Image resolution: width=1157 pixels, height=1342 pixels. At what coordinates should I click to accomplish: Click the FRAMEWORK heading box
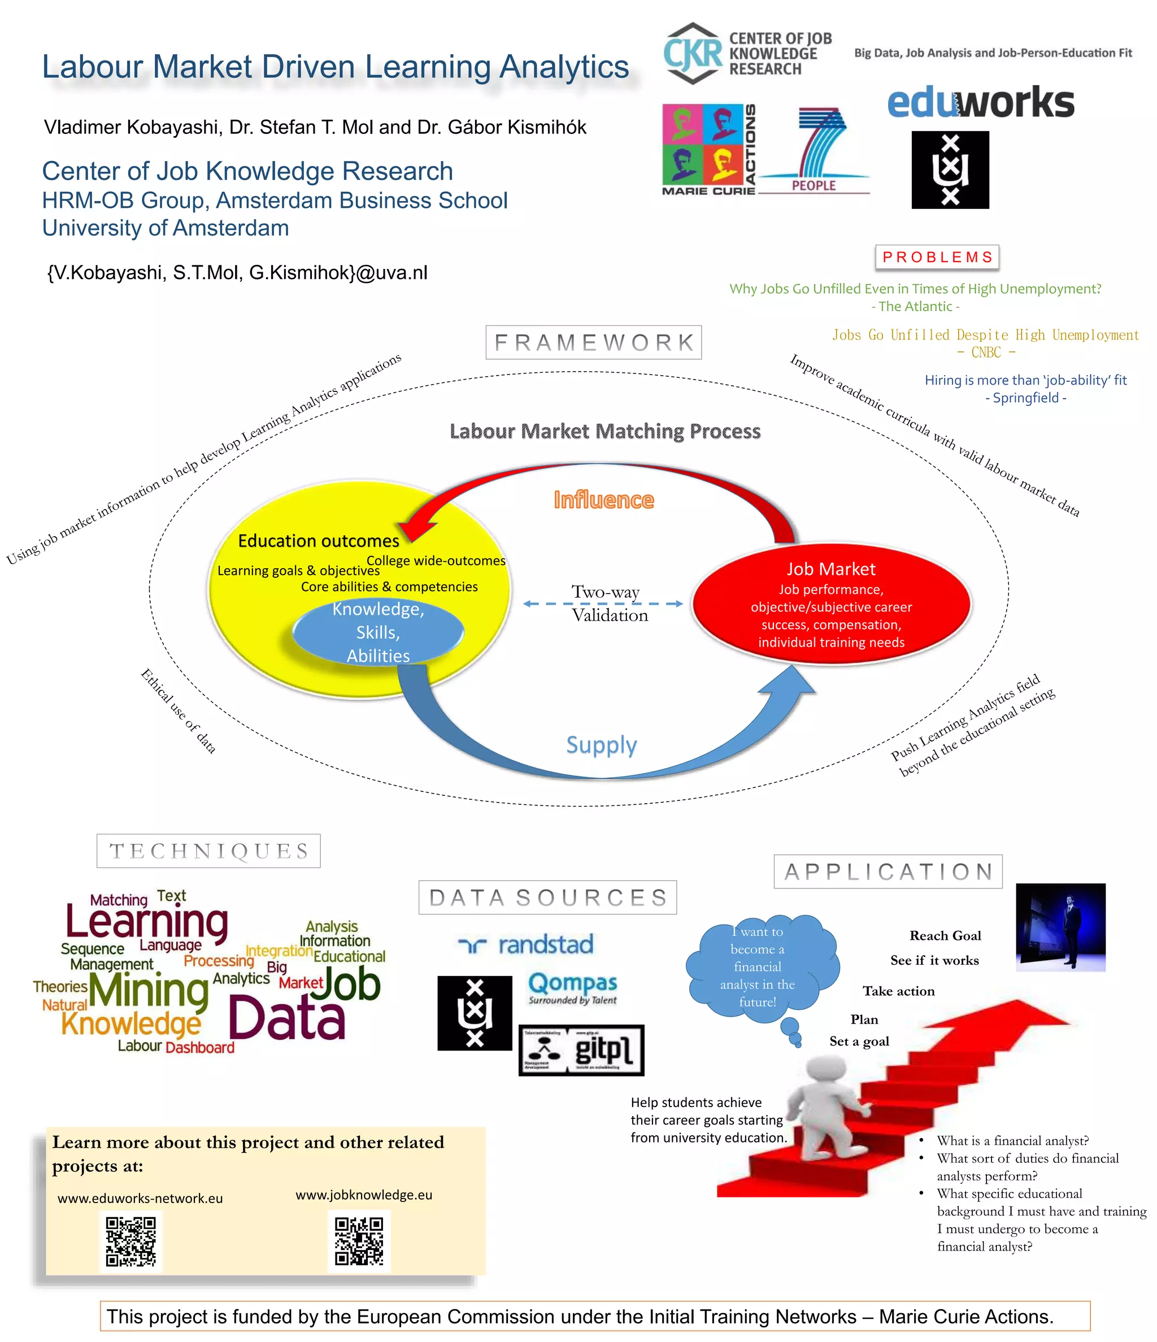(593, 342)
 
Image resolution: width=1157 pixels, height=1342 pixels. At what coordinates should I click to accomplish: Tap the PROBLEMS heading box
(937, 257)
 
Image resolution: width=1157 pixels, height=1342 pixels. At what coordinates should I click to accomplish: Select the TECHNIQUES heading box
(208, 851)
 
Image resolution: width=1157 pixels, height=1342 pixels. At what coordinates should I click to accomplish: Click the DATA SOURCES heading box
(547, 897)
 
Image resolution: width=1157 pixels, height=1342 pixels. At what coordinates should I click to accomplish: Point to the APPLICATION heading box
(888, 871)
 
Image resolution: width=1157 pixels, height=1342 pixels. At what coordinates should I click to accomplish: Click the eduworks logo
(980, 102)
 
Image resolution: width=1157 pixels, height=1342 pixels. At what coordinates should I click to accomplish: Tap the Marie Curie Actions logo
(708, 149)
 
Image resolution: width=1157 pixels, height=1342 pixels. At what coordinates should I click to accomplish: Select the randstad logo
(525, 944)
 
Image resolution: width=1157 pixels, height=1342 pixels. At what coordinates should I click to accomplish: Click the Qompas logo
(572, 988)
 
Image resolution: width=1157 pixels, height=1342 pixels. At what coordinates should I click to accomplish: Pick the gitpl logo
(581, 1050)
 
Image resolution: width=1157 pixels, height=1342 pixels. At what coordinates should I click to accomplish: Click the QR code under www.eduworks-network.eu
(131, 1241)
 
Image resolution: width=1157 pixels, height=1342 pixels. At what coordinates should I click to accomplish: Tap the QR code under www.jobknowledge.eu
(359, 1241)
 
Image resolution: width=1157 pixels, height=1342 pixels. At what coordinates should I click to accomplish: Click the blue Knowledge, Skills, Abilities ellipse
(379, 632)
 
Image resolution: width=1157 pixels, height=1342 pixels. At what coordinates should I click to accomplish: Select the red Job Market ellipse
(831, 604)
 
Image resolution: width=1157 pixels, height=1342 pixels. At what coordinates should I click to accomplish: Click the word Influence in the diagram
(604, 500)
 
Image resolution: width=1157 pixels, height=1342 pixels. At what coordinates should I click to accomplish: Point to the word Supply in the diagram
(601, 745)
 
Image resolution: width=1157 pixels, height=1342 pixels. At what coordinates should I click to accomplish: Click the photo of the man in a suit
(1060, 927)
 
